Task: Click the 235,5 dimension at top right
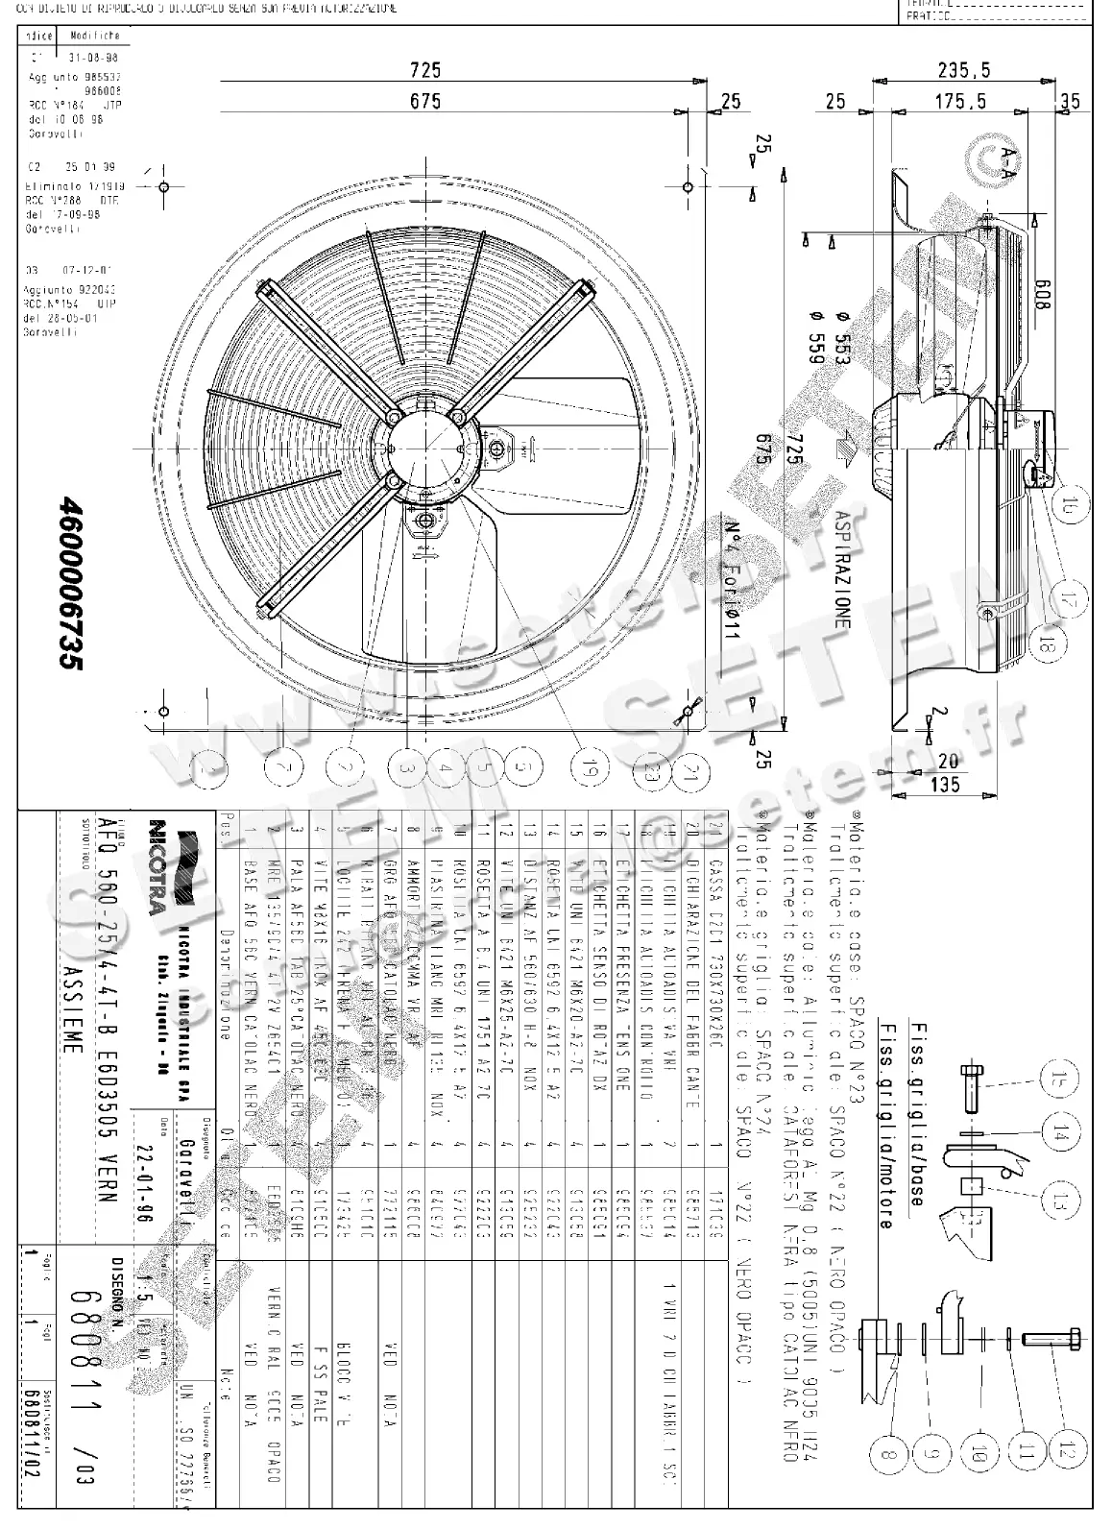point(965,69)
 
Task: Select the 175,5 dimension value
point(964,100)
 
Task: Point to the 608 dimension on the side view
point(1041,292)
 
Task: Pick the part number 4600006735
point(68,590)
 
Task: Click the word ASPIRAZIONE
point(842,569)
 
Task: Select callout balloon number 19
point(588,766)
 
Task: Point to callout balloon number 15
point(1059,1082)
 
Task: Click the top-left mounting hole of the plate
point(163,186)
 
